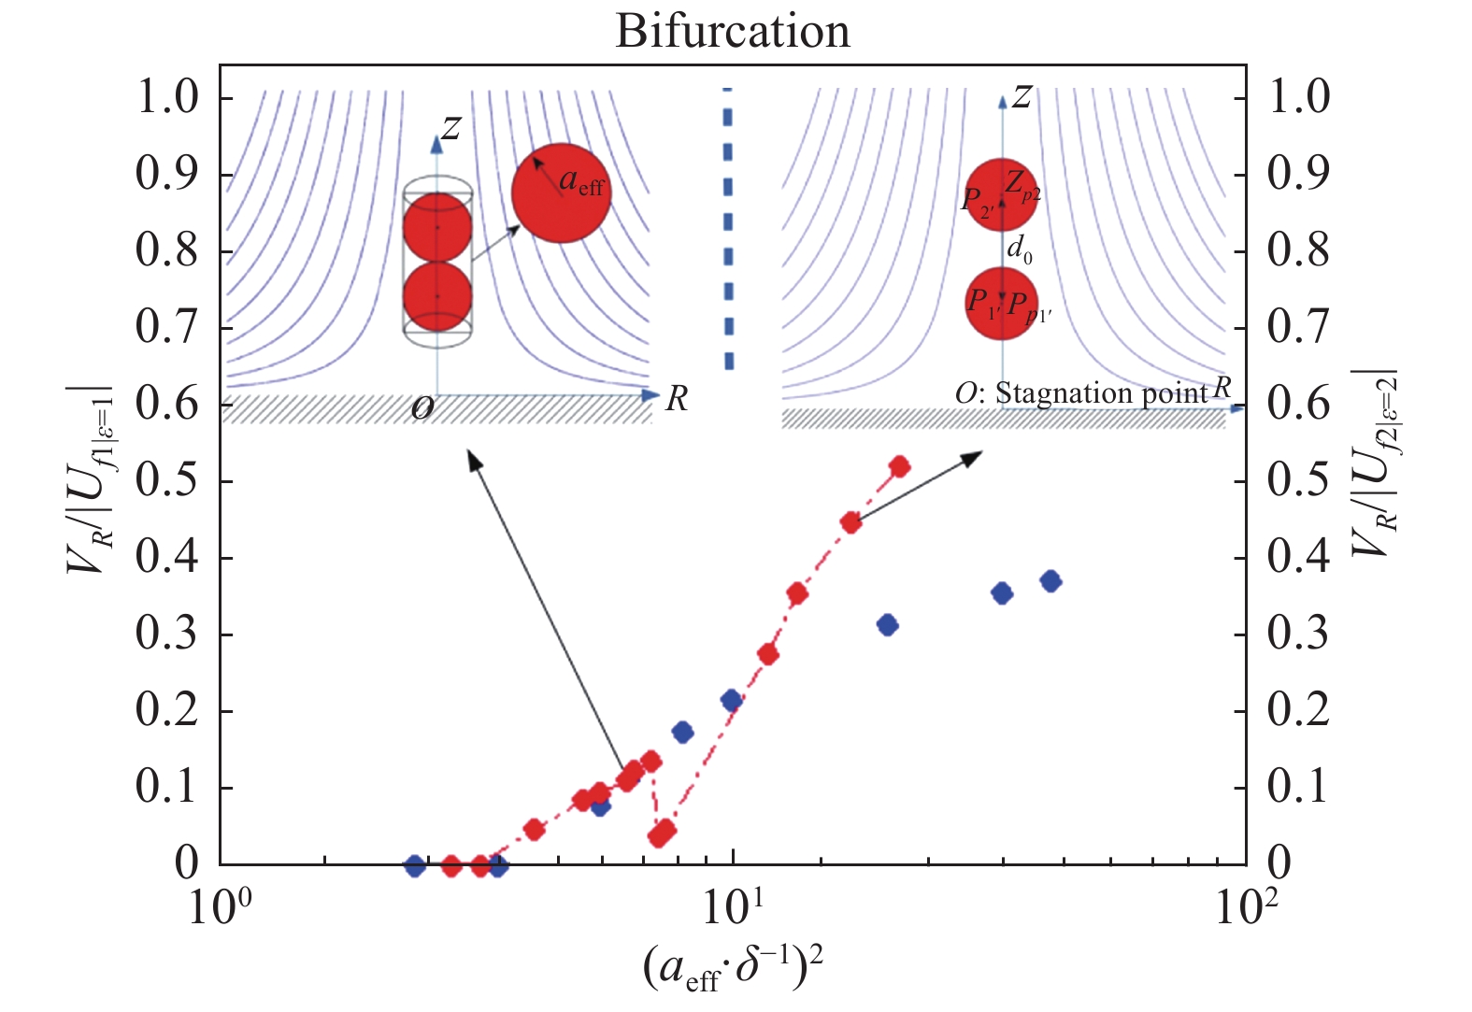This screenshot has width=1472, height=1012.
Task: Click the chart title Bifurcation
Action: (733, 31)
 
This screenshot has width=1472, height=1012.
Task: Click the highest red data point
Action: (899, 466)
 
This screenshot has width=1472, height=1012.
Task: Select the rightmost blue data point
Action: (1050, 581)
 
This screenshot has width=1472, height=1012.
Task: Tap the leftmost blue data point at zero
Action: (415, 866)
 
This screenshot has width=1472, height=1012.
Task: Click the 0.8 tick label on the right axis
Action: (1298, 250)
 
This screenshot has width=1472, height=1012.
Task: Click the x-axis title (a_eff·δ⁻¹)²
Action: (733, 968)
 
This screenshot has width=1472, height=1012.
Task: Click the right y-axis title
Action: (1375, 463)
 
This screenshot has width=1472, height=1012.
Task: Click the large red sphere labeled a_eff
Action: (561, 193)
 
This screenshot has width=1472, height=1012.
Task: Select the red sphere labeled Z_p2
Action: (1001, 194)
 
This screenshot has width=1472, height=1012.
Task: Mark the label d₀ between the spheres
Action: (1019, 249)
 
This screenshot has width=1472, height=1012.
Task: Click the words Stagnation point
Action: (1102, 393)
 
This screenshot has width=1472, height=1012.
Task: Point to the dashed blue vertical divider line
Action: (728, 229)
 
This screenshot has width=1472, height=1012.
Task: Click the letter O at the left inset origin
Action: (422, 407)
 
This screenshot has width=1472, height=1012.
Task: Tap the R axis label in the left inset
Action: (677, 399)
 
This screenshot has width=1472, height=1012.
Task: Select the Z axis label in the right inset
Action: (1022, 96)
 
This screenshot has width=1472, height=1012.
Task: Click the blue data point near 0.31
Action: (888, 625)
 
